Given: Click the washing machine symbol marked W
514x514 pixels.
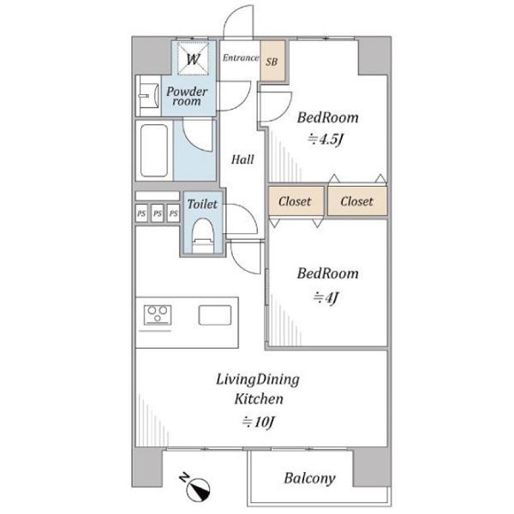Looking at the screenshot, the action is (193, 59).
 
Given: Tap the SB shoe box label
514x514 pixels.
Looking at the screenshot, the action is (272, 62).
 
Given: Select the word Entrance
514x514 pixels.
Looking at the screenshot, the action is (241, 57).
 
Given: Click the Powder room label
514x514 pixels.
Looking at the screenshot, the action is (187, 96).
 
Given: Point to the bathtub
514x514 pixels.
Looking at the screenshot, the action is (154, 151).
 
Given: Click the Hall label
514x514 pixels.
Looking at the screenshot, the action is (242, 159).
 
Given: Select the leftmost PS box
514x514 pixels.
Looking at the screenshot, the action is (141, 213).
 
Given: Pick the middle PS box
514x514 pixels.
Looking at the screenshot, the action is (158, 213).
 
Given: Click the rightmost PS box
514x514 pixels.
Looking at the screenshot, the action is (173, 213).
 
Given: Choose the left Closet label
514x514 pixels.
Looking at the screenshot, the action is (295, 201).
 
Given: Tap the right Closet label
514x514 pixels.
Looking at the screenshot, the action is (356, 201).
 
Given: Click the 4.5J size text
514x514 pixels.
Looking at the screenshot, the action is (326, 140).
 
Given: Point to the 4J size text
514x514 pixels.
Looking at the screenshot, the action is (326, 297).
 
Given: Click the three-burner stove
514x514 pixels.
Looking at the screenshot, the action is (158, 314).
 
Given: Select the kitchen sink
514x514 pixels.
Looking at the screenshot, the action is (215, 315).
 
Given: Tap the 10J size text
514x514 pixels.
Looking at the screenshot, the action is (258, 421).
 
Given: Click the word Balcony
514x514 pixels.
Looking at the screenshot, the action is (310, 479).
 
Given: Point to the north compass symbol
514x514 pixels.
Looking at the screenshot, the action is (196, 486).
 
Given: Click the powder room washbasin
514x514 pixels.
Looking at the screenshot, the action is (147, 96).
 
